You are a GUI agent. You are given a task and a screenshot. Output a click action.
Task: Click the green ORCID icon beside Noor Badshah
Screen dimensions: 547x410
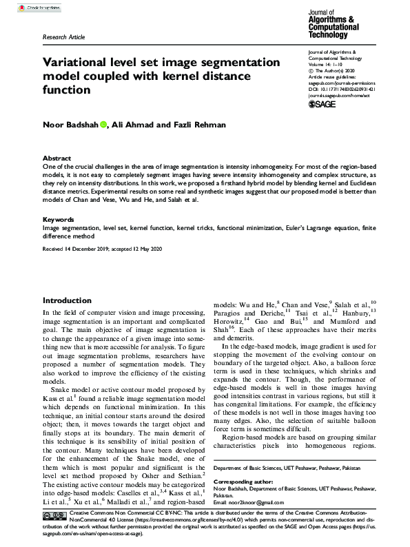click(x=103, y=125)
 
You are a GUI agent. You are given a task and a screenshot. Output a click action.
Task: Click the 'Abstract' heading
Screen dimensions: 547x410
click(x=57, y=158)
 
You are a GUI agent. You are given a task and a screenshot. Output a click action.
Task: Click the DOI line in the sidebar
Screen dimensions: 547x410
click(x=341, y=88)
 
